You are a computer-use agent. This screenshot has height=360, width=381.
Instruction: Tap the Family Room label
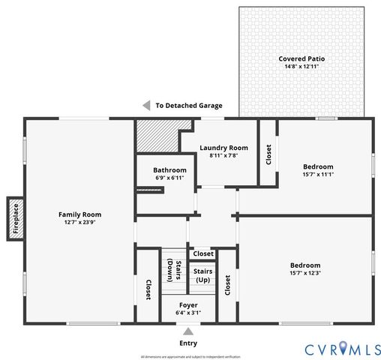(79, 214)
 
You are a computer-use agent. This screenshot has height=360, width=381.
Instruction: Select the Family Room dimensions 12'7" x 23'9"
(79, 222)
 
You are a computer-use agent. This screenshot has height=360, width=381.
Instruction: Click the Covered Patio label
(301, 58)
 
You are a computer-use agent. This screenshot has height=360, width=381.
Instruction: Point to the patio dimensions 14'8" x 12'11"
(301, 67)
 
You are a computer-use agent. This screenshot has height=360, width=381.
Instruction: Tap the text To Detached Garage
(189, 106)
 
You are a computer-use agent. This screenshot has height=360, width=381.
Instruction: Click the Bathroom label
(169, 169)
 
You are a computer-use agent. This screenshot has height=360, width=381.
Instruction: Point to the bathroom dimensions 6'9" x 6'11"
(169, 178)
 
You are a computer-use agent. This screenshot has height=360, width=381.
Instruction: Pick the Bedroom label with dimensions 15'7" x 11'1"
(318, 166)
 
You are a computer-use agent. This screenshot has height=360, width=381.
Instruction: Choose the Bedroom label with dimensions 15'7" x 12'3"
(305, 265)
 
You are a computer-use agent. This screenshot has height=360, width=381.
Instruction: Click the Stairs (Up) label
(202, 275)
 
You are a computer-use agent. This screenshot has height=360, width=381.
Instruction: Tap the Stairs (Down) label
(172, 271)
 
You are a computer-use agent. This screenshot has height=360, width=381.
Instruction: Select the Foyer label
(188, 305)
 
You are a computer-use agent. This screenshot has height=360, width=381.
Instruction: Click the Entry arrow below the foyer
(188, 331)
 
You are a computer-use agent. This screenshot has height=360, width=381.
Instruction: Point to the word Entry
(188, 343)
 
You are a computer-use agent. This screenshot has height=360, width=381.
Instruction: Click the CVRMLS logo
(342, 349)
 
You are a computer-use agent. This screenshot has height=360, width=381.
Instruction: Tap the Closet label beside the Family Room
(148, 289)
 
